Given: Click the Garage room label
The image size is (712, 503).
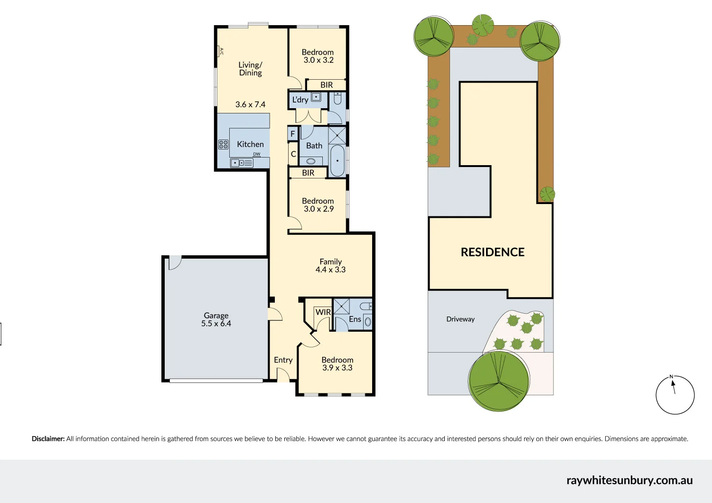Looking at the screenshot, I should tap(216, 316).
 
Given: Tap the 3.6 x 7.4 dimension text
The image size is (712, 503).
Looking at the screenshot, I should tap(250, 104).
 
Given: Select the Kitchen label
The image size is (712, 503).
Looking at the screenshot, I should tap(250, 144).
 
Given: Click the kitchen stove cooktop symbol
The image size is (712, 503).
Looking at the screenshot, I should tap(223, 145).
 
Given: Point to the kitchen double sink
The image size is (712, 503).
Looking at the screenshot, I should tap(242, 163).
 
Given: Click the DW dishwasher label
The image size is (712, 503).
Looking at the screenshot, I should tap(256, 154).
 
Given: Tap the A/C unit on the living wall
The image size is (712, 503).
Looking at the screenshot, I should tap(220, 51).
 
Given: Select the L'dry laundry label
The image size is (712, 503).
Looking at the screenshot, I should tap(300, 100).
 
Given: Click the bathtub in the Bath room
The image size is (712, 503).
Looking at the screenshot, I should tap(337, 160).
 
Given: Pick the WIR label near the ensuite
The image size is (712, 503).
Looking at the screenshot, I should tap(323, 312).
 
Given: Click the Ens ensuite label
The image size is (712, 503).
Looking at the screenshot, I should tap(355, 319).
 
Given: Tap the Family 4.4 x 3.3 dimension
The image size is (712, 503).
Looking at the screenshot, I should tap(330, 270).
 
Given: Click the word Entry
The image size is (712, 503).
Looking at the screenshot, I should tap(283, 360).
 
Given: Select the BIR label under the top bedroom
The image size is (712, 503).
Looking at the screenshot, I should tap(327, 85).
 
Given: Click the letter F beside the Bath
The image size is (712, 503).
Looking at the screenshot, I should tap(292, 134).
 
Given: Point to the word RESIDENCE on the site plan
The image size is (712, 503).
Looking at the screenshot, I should tap(493, 252).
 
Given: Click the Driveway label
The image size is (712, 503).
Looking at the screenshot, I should tap(460, 319).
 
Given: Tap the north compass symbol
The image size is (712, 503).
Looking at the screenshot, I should tap(675, 395).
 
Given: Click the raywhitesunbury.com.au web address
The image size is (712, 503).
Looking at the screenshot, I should tap(629, 480).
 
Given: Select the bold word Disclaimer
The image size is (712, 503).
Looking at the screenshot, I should tap(48, 439).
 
